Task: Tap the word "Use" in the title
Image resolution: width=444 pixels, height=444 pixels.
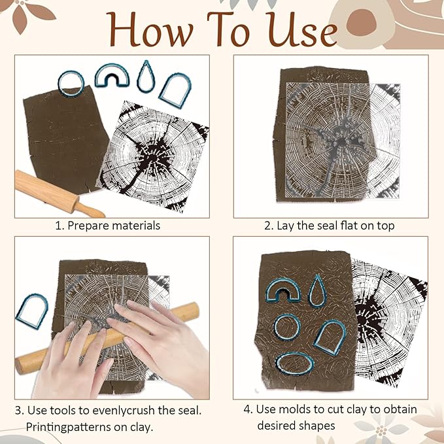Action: tap(302, 29)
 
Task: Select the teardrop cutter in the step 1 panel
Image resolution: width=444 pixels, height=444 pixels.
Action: tap(146, 77)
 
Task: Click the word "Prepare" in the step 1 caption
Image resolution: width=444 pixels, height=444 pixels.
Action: tap(86, 226)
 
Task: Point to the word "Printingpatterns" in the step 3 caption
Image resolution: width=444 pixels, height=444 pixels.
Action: tap(68, 427)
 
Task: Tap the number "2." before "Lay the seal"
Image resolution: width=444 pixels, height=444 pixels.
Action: tap(269, 226)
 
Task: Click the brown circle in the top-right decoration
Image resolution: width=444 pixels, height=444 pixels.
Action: tap(361, 22)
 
